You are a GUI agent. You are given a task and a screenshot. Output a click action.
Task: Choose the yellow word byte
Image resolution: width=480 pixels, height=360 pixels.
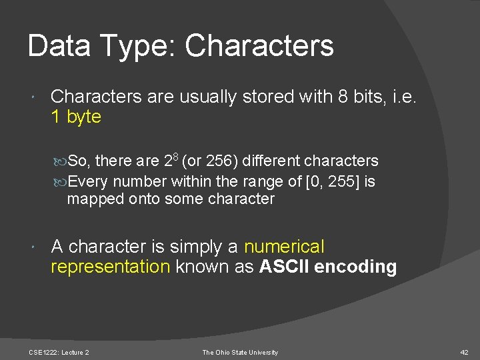pos(84,117)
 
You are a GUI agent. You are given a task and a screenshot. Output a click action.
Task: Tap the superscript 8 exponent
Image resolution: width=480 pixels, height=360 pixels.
pos(175,157)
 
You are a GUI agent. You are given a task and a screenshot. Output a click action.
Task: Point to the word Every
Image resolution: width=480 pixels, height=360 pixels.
pos(89,181)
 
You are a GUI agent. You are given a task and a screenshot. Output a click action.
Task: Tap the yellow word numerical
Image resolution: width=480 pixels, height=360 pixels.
pos(284,247)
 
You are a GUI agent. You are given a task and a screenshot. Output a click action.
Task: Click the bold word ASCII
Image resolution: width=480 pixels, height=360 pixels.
pos(284,267)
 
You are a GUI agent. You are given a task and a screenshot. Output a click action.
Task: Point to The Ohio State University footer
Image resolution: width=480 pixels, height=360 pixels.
pos(240,352)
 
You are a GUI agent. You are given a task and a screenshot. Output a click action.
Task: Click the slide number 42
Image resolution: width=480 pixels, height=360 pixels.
pos(465,352)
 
